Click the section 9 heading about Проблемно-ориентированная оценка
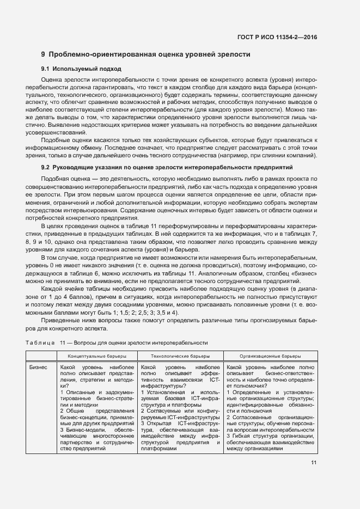(146, 54)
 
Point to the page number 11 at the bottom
(314, 463)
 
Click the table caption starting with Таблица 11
(117, 343)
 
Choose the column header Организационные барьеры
(270, 356)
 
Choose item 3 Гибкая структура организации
(270, 436)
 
